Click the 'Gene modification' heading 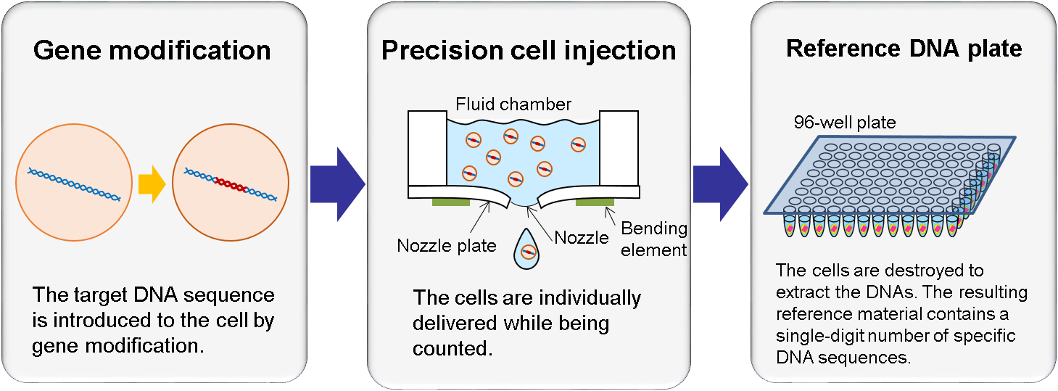152,50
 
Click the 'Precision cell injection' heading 529,51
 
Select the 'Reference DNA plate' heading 904,49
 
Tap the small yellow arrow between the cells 152,184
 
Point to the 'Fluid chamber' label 513,104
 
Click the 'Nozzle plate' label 447,246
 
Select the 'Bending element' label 653,239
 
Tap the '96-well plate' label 845,123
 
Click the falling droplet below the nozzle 526,250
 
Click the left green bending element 451,202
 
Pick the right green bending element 595,202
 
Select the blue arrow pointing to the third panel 720,184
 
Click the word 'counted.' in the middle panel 452,348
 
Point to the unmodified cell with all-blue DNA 74,182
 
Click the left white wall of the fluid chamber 427,148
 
